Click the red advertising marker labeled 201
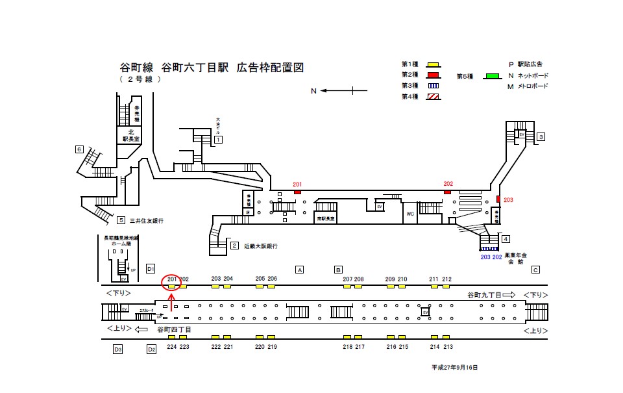[298, 192]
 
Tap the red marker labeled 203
[498, 199]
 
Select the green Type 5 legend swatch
[493, 76]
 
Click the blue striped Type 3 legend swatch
[432, 86]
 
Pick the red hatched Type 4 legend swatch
[432, 96]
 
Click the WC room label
[410, 214]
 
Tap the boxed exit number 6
[80, 149]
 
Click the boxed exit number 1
[219, 140]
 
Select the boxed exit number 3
[541, 136]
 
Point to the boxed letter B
[338, 270]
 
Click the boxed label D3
[117, 349]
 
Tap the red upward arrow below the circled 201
[171, 301]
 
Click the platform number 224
[171, 347]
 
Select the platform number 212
[446, 279]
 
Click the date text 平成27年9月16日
[454, 368]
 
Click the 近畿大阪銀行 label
[261, 246]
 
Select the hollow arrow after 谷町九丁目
[509, 295]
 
